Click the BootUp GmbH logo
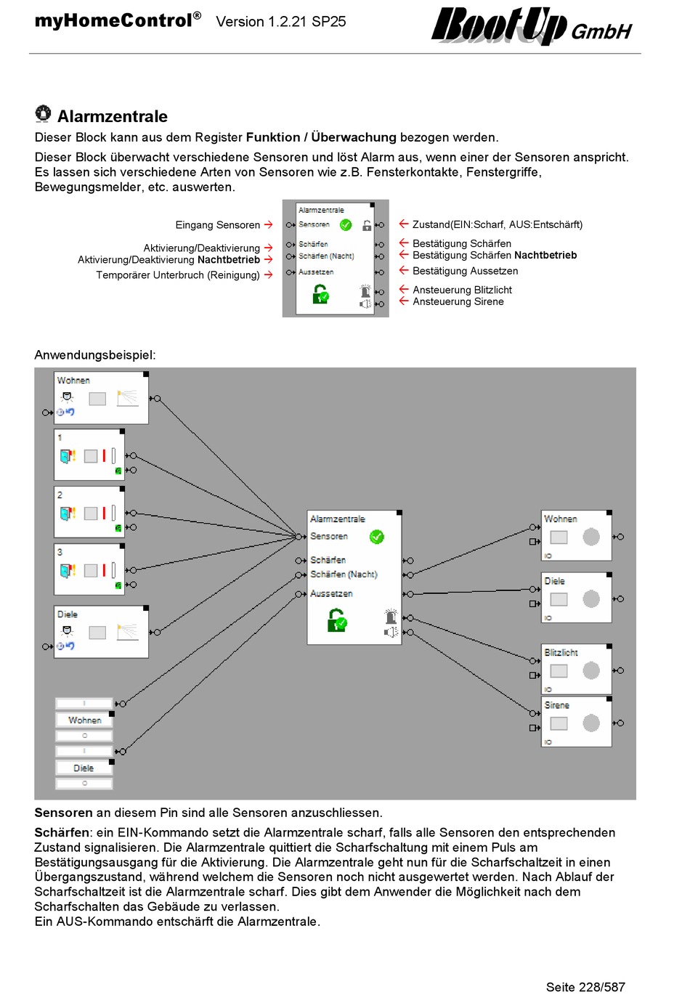click(532, 25)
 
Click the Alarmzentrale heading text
click(113, 116)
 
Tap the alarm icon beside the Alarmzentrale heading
click(43, 113)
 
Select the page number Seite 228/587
click(585, 987)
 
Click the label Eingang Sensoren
click(218, 224)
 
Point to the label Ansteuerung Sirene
click(458, 301)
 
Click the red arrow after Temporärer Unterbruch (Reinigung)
click(268, 275)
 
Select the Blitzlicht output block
click(576, 669)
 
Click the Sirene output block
click(576, 722)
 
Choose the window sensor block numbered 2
click(89, 512)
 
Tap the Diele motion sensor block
click(101, 632)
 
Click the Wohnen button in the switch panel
click(84, 720)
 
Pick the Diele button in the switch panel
click(84, 768)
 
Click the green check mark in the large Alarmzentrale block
click(377, 537)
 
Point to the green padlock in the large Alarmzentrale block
click(337, 620)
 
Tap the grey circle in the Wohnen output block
click(591, 537)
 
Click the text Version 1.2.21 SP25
click(281, 22)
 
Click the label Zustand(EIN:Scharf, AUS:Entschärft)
click(498, 224)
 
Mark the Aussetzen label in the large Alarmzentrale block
click(331, 593)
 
